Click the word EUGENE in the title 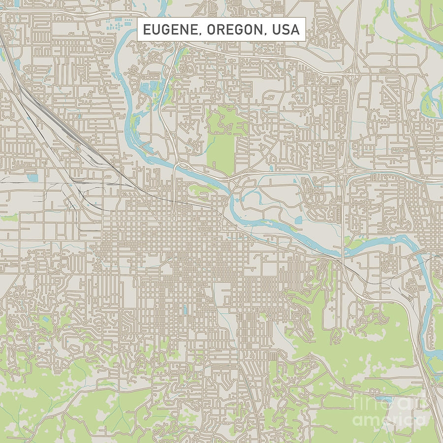click(164, 30)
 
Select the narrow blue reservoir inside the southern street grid click(185, 310)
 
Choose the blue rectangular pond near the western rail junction click(32, 177)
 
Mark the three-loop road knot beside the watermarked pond click(377, 392)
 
